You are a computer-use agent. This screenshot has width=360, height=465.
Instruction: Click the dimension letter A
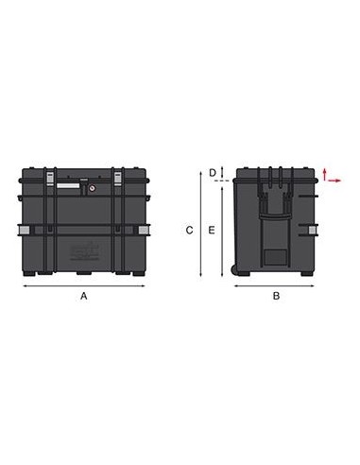(x=84, y=296)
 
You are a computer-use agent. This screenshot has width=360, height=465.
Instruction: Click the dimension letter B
(x=276, y=296)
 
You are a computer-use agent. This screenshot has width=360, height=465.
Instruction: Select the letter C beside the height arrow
(x=189, y=231)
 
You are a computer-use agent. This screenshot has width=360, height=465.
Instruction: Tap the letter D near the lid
(x=213, y=173)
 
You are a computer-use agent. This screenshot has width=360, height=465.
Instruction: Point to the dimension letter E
(x=212, y=231)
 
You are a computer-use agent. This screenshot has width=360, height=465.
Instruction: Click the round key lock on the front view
(x=93, y=188)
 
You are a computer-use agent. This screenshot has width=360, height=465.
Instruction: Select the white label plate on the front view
(x=68, y=185)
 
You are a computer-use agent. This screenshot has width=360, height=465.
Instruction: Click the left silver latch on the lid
(x=50, y=179)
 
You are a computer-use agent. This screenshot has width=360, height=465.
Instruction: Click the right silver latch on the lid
(x=117, y=179)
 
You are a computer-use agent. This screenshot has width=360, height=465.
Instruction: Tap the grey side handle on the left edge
(x=25, y=230)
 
